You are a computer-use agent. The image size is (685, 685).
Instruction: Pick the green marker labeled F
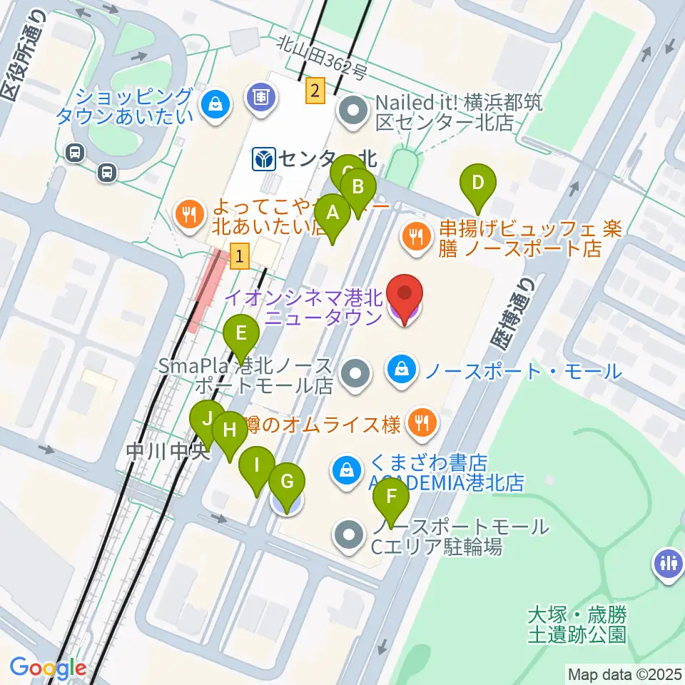[x=391, y=496]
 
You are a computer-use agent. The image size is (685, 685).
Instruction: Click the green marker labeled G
[x=287, y=482]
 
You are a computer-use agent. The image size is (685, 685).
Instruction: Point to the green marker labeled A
[x=332, y=213]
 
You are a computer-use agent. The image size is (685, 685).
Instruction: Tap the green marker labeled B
[x=359, y=189]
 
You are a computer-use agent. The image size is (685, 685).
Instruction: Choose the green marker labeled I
[x=257, y=467]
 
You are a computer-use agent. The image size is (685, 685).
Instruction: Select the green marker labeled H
[x=230, y=431]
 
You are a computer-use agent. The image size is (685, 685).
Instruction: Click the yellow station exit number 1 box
[x=241, y=255]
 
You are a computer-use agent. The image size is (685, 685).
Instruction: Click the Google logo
[x=48, y=668]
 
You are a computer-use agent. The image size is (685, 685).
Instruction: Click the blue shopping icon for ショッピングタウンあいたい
[x=213, y=106]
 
